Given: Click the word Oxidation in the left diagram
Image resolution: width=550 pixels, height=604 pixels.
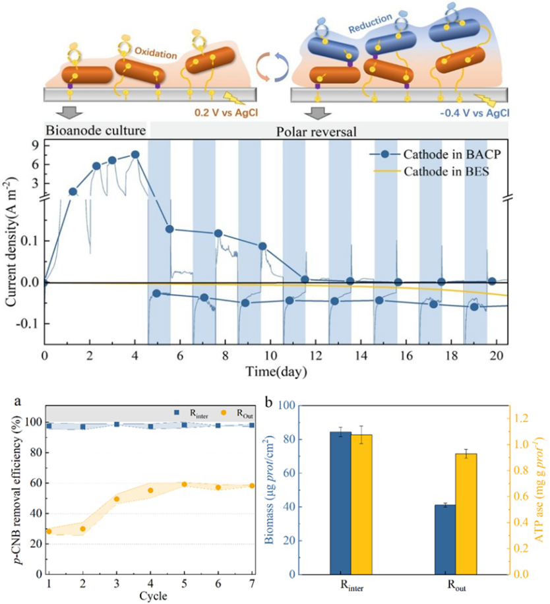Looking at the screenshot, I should click(154, 50).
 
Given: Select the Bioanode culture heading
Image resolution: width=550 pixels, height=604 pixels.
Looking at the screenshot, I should click(94, 129).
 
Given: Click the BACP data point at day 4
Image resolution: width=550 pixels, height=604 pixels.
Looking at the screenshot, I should click(135, 154).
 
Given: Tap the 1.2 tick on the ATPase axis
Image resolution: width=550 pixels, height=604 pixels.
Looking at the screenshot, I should click(524, 419).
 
